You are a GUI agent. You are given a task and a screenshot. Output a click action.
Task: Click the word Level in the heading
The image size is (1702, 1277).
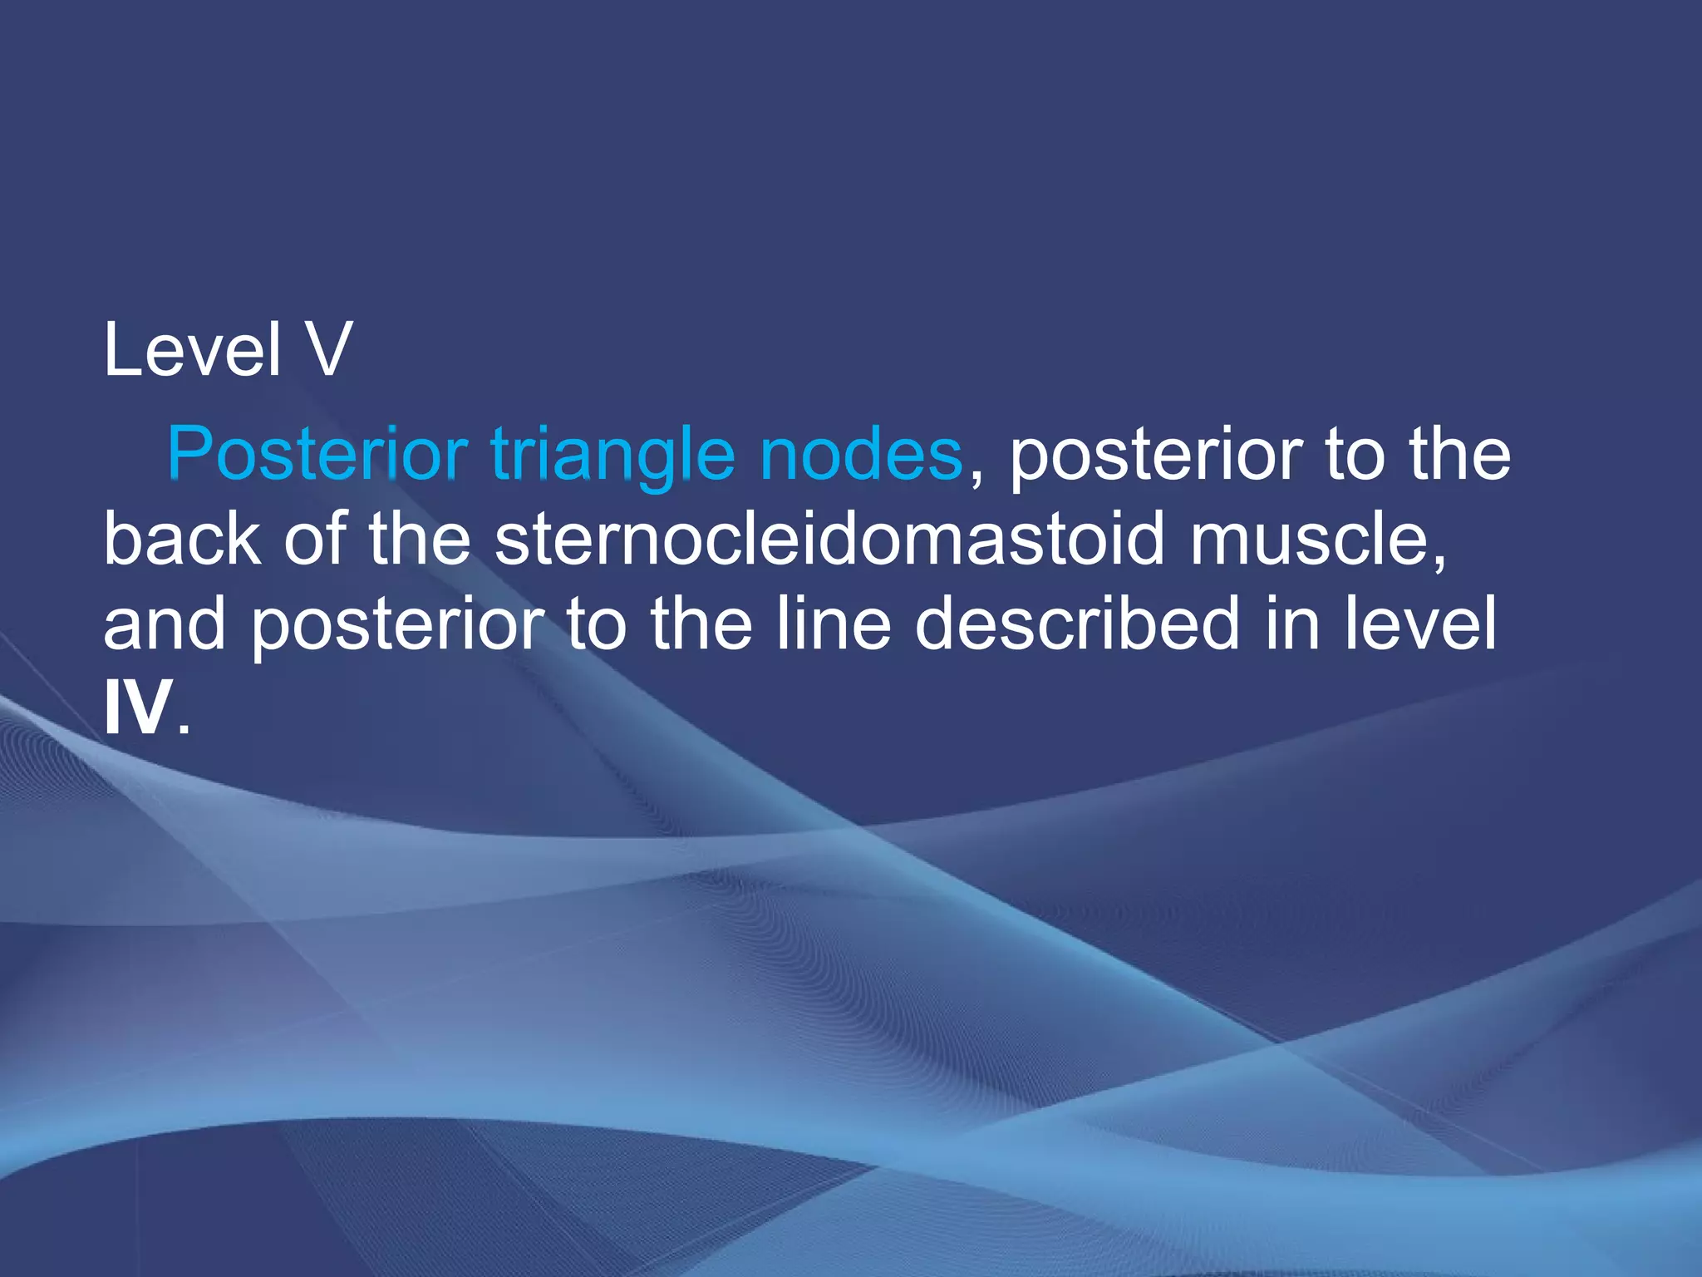pyautogui.click(x=192, y=350)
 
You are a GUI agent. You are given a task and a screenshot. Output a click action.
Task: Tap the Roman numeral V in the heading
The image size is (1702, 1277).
pyautogui.click(x=329, y=350)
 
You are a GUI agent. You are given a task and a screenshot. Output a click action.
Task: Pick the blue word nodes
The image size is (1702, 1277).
pyautogui.click(x=861, y=455)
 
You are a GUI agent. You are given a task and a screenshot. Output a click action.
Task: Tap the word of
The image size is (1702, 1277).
pyautogui.click(x=315, y=540)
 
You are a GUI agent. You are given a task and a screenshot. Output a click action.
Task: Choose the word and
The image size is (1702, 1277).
pyautogui.click(x=164, y=624)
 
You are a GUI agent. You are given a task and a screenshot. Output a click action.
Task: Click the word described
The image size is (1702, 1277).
pyautogui.click(x=1077, y=624)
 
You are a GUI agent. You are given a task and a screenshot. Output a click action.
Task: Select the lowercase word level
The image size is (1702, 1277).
pyautogui.click(x=1420, y=624)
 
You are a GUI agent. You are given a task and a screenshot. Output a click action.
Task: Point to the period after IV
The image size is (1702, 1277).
pyautogui.click(x=184, y=729)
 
